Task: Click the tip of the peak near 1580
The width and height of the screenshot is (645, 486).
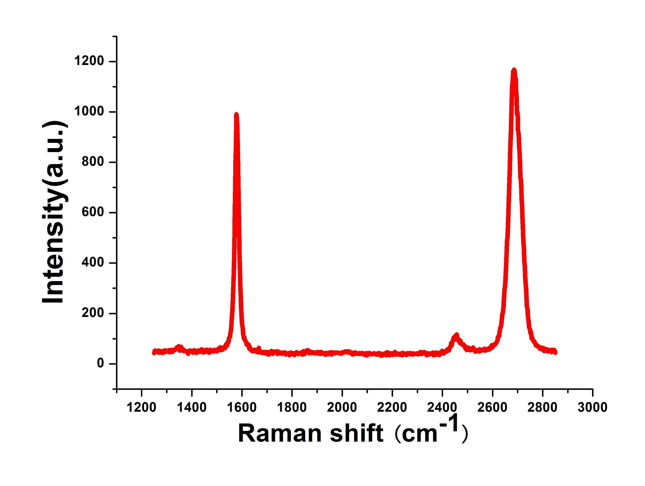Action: click(x=236, y=115)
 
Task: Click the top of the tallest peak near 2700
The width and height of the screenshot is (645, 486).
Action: click(x=514, y=70)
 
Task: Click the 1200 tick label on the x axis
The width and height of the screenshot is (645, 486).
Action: click(x=141, y=407)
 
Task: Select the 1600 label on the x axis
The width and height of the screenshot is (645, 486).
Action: click(x=242, y=407)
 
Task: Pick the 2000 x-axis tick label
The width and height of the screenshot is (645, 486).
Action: click(x=342, y=407)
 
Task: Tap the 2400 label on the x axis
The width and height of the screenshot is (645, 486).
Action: click(x=442, y=407)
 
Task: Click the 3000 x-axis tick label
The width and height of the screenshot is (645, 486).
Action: click(x=592, y=407)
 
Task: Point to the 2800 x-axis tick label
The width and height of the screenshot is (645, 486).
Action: click(x=542, y=407)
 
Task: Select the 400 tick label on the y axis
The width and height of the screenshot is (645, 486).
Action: click(x=93, y=262)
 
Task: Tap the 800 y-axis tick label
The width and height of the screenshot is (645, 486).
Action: click(x=93, y=162)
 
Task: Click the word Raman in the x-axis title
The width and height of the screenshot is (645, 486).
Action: click(x=280, y=433)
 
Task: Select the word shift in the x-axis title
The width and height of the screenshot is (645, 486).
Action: click(x=356, y=433)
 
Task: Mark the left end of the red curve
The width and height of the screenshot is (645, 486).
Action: click(x=154, y=352)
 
